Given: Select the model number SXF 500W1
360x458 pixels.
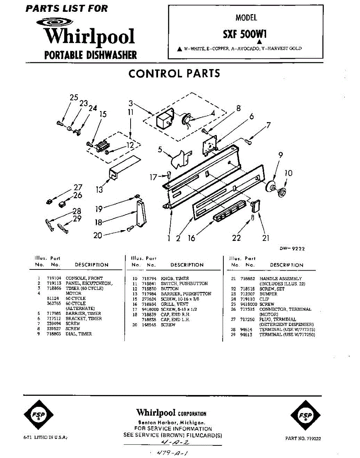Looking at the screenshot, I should pyautogui.click(x=245, y=34).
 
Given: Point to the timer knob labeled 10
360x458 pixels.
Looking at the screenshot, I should pyautogui.click(x=283, y=192).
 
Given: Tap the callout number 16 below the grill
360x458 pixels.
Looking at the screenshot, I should pyautogui.click(x=191, y=238).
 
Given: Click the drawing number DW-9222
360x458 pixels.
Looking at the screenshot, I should pyautogui.click(x=292, y=248).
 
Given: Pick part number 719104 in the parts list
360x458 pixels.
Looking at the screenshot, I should pyautogui.click(x=54, y=279).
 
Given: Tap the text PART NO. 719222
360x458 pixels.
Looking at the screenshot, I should pyautogui.click(x=303, y=439).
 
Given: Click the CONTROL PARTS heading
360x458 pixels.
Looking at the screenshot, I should pyautogui.click(x=174, y=73).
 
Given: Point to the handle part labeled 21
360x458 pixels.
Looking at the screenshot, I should pyautogui.click(x=255, y=206).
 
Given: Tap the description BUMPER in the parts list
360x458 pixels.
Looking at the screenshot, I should pyautogui.click(x=268, y=294).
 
